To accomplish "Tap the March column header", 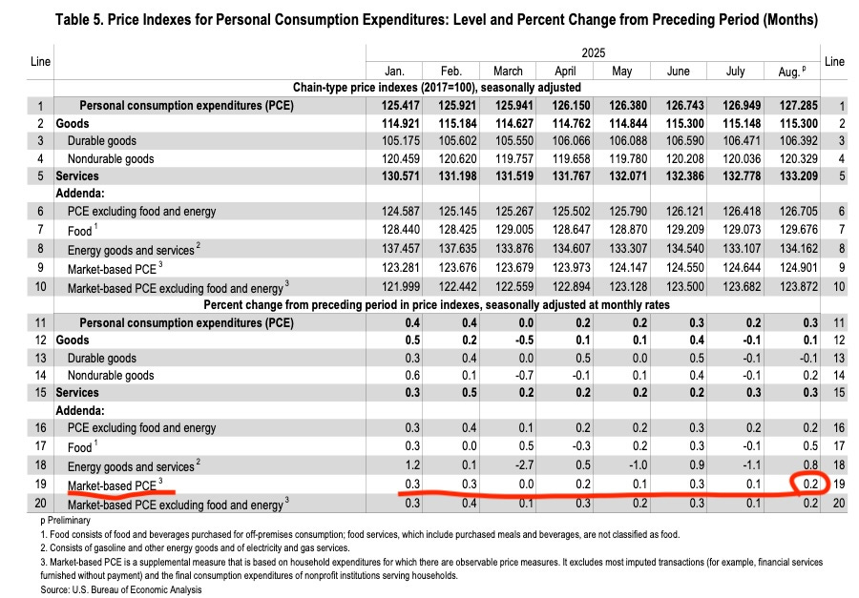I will (508, 71).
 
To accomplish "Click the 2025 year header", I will (592, 53).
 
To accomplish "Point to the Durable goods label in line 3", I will (102, 141).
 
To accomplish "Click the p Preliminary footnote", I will (66, 520).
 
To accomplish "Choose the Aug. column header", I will (792, 71).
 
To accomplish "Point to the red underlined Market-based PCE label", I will (110, 485).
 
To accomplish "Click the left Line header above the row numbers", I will (40, 61).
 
